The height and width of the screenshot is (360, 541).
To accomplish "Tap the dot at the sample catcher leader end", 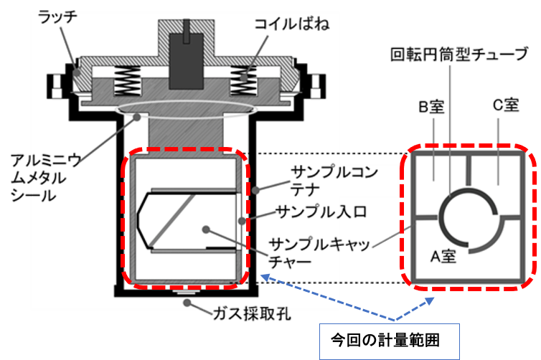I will point(206,229).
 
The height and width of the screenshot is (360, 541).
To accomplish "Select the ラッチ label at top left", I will point(58,16).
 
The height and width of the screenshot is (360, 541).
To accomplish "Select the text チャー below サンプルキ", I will point(288,262).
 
